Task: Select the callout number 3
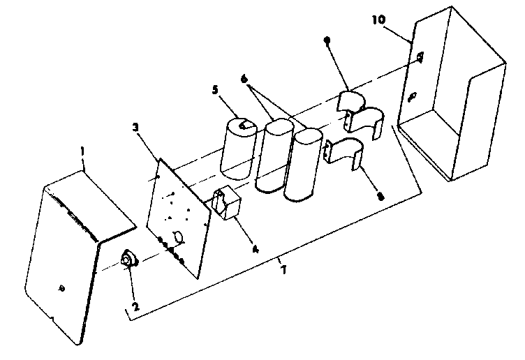[136, 127]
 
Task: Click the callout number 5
[215, 89]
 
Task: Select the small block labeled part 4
[228, 205]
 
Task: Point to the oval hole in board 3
[179, 238]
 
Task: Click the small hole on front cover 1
[62, 287]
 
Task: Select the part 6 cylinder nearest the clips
[306, 165]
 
